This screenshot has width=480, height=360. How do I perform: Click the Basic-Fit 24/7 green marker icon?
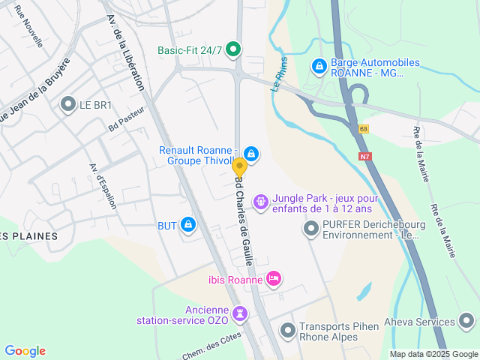click(x=232, y=50)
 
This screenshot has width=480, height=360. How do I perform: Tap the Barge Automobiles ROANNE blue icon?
click(x=319, y=66)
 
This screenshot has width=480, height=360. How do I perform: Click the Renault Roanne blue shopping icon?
click(x=251, y=154)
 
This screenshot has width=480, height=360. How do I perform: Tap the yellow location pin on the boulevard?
click(x=239, y=167)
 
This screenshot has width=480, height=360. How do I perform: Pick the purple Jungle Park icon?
click(x=260, y=200)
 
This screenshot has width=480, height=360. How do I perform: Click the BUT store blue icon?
click(x=187, y=223)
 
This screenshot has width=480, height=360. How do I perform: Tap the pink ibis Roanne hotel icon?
click(x=274, y=280)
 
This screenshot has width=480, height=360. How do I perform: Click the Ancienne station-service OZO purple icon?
click(x=239, y=312)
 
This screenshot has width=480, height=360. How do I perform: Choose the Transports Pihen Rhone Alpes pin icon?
click(x=288, y=330)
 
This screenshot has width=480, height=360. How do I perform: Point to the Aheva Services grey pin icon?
click(x=466, y=322)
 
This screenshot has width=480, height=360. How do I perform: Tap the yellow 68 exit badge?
click(x=364, y=129)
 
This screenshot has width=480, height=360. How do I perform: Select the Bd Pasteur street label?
click(x=125, y=121)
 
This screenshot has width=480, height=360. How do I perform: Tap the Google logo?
click(x=25, y=351)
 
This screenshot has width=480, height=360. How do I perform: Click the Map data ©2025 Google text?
click(x=433, y=354)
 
